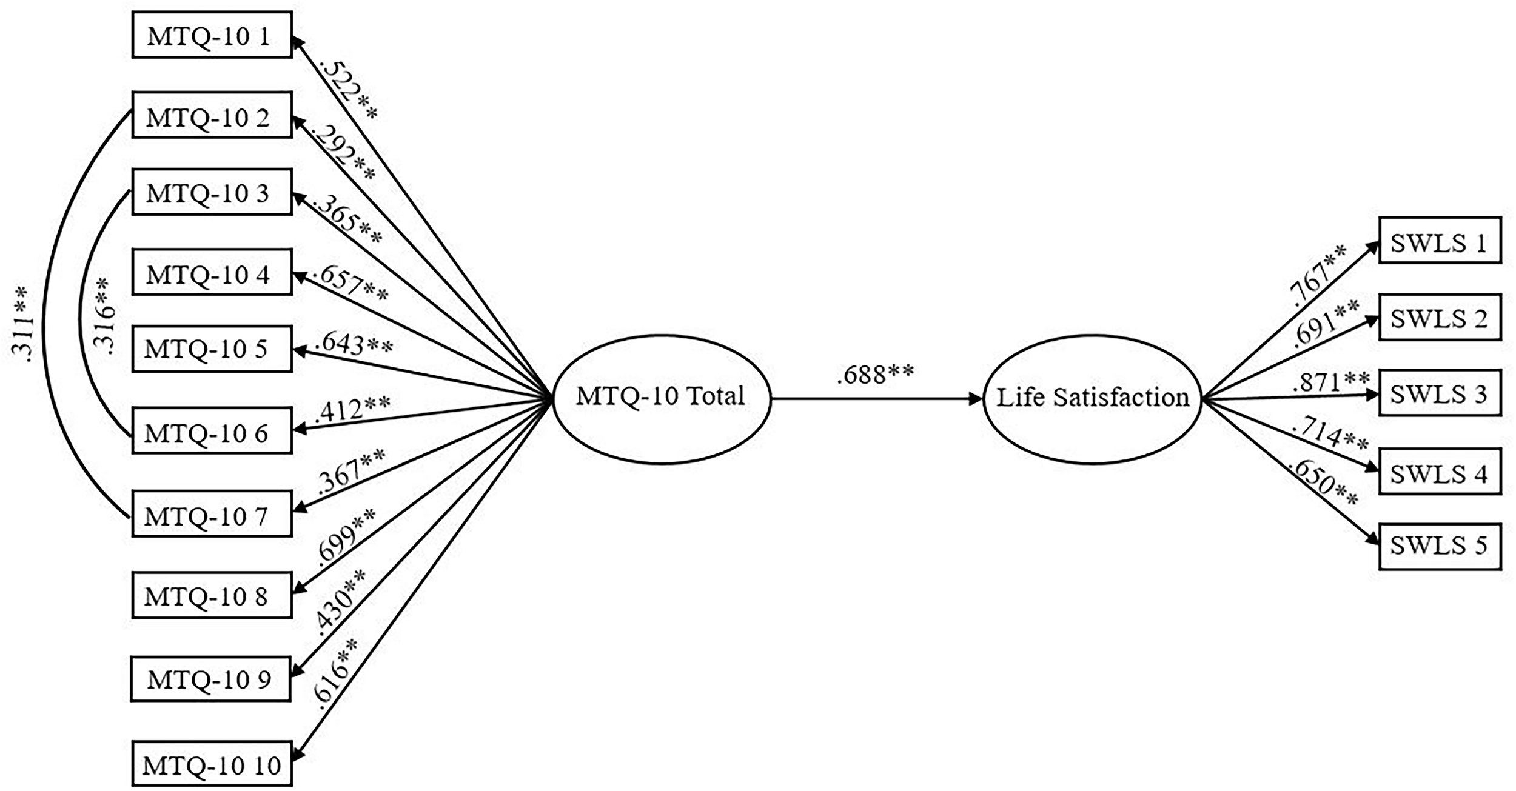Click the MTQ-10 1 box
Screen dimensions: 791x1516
pyautogui.click(x=212, y=35)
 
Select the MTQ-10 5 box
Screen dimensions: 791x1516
pyautogui.click(x=212, y=349)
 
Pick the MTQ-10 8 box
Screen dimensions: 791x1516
pyautogui.click(x=212, y=595)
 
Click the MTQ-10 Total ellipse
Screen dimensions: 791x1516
pyautogui.click(x=661, y=398)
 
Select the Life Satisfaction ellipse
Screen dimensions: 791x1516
pyautogui.click(x=1092, y=398)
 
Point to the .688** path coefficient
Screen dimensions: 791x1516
pyautogui.click(x=874, y=375)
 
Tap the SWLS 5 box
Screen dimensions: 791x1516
pyautogui.click(x=1440, y=546)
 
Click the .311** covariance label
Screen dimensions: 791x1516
pyautogui.click(x=22, y=324)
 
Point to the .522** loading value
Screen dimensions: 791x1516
pyautogui.click(x=347, y=90)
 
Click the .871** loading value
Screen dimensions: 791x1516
pyautogui.click(x=1330, y=382)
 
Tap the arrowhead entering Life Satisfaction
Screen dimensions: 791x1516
pyautogui.click(x=976, y=399)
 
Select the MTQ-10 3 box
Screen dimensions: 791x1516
pyautogui.click(x=212, y=193)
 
